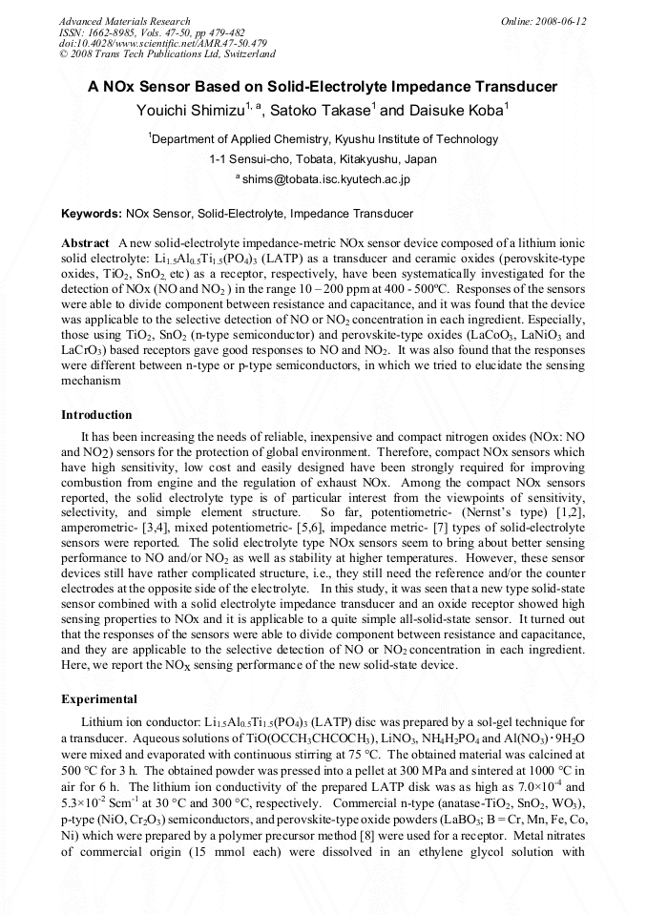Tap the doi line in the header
pos(162,44)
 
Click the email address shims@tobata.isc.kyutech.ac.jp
pos(325,178)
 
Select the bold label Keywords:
pos(91,214)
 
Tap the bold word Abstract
pos(86,243)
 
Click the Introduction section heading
pos(96,415)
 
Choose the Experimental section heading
pos(99,699)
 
